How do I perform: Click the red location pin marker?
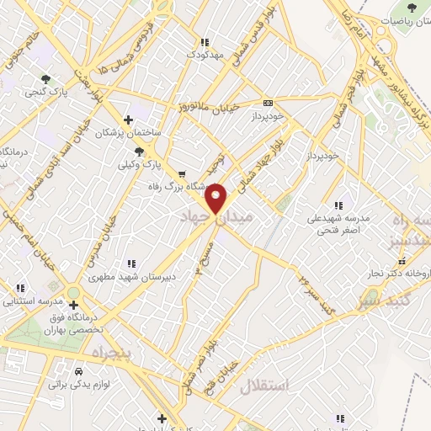click(x=216, y=198)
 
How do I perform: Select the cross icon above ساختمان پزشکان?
click(x=127, y=120)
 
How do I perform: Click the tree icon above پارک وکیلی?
click(x=139, y=151)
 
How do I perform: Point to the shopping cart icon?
click(x=168, y=174)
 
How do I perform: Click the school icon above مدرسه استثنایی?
click(x=20, y=288)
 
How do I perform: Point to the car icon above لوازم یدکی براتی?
click(x=78, y=370)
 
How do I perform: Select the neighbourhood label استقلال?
click(x=264, y=386)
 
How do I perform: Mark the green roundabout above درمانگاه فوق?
click(x=73, y=293)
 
